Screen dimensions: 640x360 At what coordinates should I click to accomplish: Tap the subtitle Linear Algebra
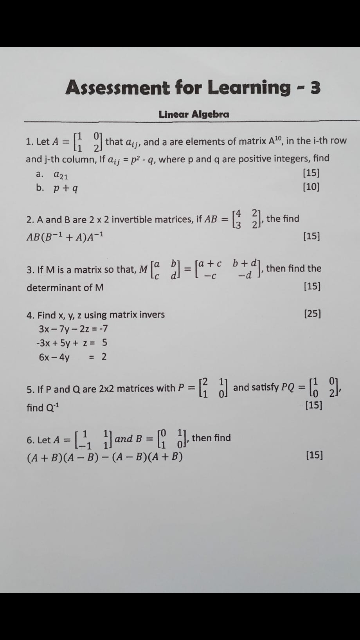coord(194,114)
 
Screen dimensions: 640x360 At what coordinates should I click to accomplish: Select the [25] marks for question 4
coord(312,314)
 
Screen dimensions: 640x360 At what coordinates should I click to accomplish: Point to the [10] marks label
coord(311,187)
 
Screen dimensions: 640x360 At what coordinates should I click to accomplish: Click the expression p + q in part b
coord(66,188)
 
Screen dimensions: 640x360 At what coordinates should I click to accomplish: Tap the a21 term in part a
coord(61,174)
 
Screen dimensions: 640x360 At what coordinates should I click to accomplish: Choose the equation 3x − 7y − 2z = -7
coord(73,329)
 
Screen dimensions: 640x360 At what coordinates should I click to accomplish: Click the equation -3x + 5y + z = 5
coord(72,343)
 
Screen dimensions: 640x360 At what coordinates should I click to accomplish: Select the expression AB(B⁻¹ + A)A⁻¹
coord(65,237)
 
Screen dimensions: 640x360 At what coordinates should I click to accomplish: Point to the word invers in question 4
coord(152,315)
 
